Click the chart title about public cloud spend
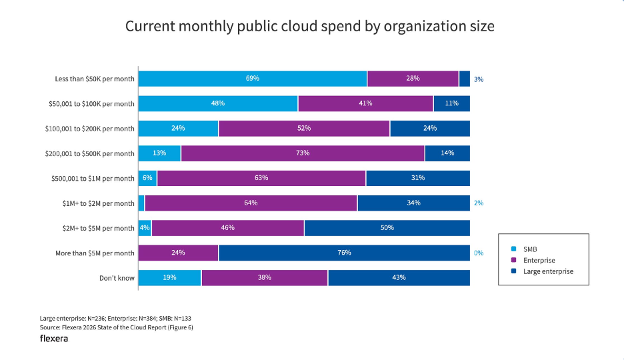click(310, 27)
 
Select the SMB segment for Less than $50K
click(253, 79)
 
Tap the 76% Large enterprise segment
click(344, 253)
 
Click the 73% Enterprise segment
click(303, 153)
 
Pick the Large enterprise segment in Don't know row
click(399, 278)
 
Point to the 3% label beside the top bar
click(479, 79)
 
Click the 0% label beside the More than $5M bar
click(479, 253)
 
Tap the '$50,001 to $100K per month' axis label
click(91, 104)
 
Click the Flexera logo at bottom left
click(54, 339)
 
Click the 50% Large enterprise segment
click(387, 228)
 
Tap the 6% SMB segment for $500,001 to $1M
click(147, 179)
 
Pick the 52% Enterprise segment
click(304, 129)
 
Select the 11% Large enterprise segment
click(451, 104)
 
